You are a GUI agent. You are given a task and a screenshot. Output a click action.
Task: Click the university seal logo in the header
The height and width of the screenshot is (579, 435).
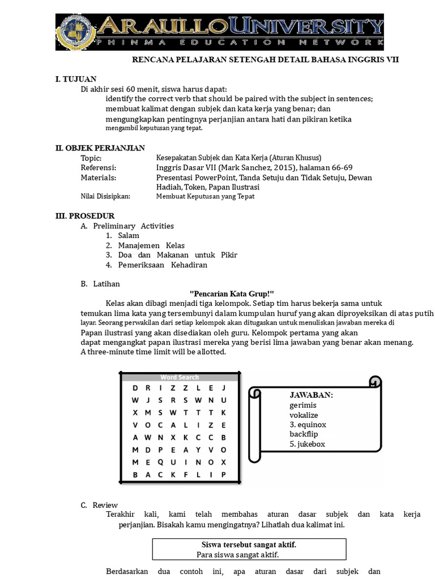(x=78, y=32)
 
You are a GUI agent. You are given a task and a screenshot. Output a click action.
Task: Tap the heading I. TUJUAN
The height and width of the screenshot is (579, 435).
(x=76, y=79)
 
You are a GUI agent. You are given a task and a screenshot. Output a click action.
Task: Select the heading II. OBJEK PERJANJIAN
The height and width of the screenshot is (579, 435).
(x=100, y=148)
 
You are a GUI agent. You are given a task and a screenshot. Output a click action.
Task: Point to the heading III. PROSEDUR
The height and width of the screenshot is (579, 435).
(x=85, y=216)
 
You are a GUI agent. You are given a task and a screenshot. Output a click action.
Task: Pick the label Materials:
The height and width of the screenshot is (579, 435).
(x=99, y=178)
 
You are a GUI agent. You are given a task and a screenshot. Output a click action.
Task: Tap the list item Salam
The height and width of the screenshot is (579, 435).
(x=129, y=236)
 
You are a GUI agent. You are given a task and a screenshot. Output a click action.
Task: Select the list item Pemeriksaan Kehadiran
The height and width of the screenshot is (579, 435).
(x=163, y=265)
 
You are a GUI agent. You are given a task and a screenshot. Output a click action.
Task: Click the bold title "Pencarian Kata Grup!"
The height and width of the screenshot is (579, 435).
(x=231, y=293)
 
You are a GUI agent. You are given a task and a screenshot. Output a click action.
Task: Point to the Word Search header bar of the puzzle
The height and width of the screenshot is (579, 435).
(x=179, y=377)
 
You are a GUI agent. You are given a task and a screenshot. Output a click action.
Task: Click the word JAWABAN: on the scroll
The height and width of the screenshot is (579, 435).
(x=311, y=395)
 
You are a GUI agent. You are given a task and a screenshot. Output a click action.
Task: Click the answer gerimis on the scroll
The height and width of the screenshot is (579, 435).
(x=303, y=405)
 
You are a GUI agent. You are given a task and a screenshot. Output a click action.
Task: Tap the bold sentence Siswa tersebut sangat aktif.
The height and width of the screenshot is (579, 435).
(x=249, y=545)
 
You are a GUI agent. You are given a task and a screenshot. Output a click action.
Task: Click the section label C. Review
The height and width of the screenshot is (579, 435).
(x=100, y=505)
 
